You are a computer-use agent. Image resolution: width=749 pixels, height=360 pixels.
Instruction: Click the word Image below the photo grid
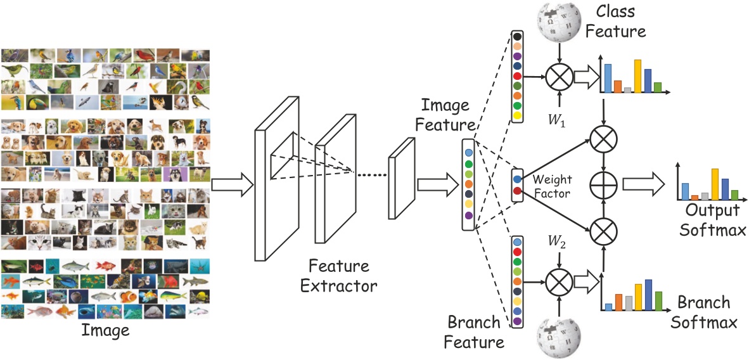coord(105,330)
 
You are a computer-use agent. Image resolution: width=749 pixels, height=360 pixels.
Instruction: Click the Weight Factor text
coord(551,186)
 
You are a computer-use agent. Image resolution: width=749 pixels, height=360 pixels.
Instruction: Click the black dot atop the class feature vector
coord(518,37)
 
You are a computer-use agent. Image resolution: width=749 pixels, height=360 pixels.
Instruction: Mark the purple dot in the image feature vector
coord(468,216)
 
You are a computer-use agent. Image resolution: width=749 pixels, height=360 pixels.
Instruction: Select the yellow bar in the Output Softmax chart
coord(715,183)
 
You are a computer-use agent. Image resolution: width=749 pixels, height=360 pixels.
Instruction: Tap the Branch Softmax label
coord(704,312)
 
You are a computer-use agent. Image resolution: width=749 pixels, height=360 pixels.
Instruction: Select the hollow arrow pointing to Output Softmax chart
coord(643,184)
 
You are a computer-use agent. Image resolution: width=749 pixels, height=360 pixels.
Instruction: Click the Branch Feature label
coord(473,332)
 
